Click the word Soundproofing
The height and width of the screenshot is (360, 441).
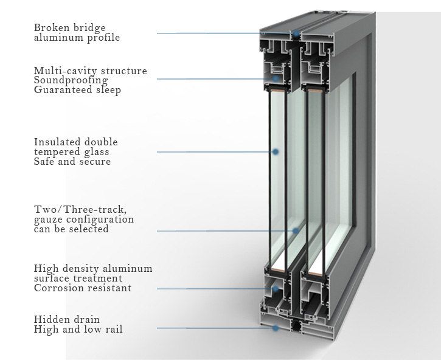tap(71, 80)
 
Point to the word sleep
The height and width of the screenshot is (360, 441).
tap(108, 90)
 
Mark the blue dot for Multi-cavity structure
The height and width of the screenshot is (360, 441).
tap(276, 78)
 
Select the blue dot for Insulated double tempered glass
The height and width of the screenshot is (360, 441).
tap(276, 151)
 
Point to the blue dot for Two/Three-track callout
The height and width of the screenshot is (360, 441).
tap(296, 230)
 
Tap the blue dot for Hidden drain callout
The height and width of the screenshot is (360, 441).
tap(276, 328)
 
